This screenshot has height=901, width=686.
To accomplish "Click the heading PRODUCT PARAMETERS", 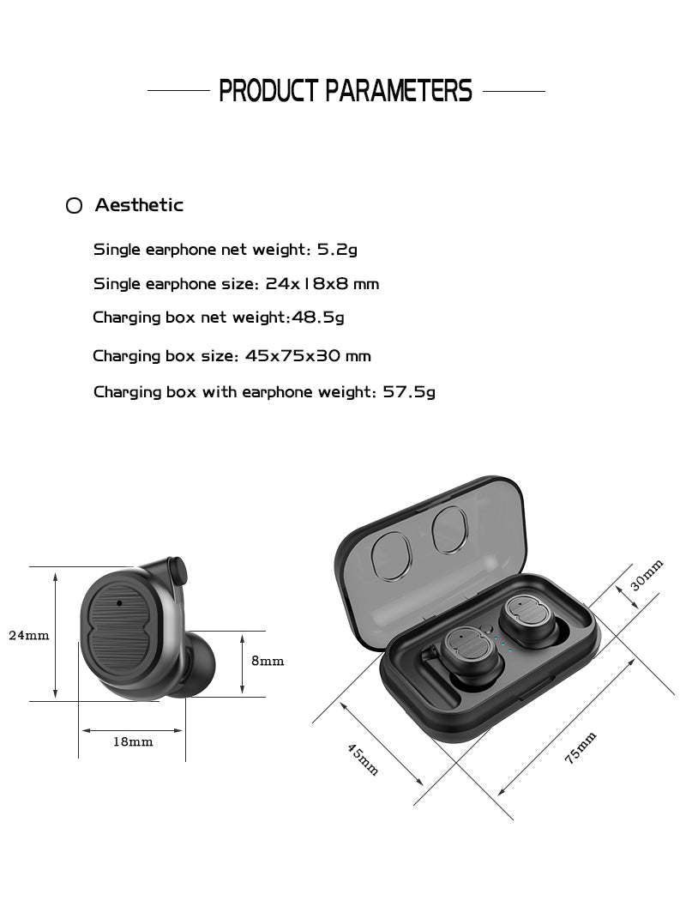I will click(x=345, y=90).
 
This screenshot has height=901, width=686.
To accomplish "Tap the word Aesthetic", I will click(x=139, y=205).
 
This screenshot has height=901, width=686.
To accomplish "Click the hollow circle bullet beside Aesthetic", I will click(x=75, y=206).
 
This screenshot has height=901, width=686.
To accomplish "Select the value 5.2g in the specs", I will click(x=337, y=250).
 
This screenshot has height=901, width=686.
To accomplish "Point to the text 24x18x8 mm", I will click(x=322, y=283).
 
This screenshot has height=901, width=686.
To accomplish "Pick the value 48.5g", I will click(x=318, y=317).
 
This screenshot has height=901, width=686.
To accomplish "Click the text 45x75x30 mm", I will click(x=308, y=355).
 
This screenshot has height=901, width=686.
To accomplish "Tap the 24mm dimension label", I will click(x=29, y=636).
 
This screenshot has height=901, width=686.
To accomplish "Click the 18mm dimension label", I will click(x=133, y=741).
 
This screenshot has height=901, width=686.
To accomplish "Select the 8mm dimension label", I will click(x=267, y=662).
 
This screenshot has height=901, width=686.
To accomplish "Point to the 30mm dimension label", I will click(x=647, y=575).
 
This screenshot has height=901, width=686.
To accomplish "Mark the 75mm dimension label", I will click(x=581, y=747).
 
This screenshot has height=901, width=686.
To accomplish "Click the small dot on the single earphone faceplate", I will click(x=118, y=602).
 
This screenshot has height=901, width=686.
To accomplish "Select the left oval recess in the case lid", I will click(x=392, y=555).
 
